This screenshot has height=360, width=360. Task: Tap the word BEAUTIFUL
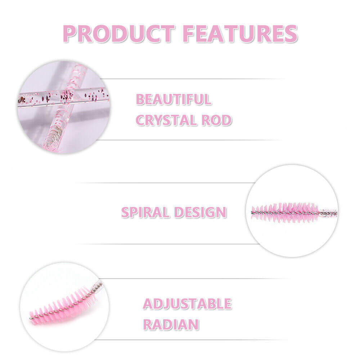(x=173, y=99)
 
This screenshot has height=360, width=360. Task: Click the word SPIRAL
(x=145, y=212)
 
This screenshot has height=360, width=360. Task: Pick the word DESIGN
(x=200, y=212)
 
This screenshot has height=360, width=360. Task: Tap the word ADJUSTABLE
(x=187, y=304)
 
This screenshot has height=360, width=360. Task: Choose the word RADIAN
(x=171, y=324)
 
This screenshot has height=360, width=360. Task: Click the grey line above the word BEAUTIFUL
(x=191, y=78)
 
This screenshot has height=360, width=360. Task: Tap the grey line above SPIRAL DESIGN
(x=162, y=183)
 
